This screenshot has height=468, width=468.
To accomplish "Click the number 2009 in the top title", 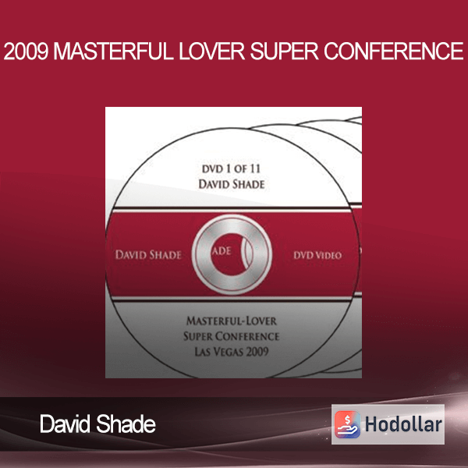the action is pyautogui.click(x=26, y=51).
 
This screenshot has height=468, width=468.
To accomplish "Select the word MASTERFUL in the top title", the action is pyautogui.click(x=114, y=51).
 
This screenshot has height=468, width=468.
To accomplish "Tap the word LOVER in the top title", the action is pyautogui.click(x=212, y=51).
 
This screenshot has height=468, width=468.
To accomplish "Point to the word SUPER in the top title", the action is pyautogui.click(x=285, y=51).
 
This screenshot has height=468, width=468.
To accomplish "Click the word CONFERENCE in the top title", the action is pyautogui.click(x=394, y=51).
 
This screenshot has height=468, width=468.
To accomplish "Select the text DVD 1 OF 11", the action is pyautogui.click(x=232, y=169).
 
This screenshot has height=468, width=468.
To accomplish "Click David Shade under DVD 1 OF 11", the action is pyautogui.click(x=232, y=184).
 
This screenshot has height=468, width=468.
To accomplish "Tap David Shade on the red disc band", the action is pyautogui.click(x=148, y=255).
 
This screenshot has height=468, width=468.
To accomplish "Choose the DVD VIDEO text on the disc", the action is pyautogui.click(x=317, y=255).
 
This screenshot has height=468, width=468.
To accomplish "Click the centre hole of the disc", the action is pyautogui.click(x=232, y=254).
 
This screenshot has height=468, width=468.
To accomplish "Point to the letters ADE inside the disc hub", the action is pyautogui.click(x=222, y=251).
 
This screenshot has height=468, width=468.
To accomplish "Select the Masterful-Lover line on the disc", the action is pyautogui.click(x=232, y=321).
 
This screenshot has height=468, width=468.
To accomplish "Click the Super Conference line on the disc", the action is pyautogui.click(x=232, y=336).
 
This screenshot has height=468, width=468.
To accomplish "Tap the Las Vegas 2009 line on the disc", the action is pyautogui.click(x=232, y=352).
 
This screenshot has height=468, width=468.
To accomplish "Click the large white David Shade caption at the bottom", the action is pyautogui.click(x=98, y=424).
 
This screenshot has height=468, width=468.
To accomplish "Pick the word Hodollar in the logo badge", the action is pyautogui.click(x=403, y=425).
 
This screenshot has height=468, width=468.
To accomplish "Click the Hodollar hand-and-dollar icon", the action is pyautogui.click(x=347, y=424).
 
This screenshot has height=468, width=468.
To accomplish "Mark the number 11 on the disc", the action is pyautogui.click(x=255, y=169).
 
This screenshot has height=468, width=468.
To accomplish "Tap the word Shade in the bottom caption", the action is pyautogui.click(x=126, y=424).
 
